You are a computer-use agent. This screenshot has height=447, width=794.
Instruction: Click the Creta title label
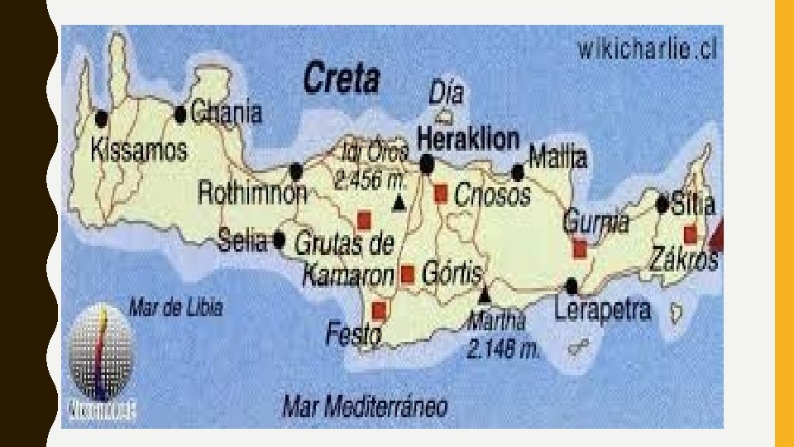pos(342,79)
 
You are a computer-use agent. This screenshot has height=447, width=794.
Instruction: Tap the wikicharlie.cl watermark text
pos(647,50)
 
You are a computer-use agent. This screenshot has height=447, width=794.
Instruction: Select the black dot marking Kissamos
pos(102,118)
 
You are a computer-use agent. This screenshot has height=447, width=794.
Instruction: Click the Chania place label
pos(226,113)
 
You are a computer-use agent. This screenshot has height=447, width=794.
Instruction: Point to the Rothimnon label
pos(251,194)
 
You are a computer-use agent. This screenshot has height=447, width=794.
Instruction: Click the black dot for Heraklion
pos(427,165)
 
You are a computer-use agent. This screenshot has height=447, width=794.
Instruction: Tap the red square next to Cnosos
pos(441,194)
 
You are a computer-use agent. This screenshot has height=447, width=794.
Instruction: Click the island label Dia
pos(446,94)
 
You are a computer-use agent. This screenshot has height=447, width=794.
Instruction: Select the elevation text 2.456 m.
pos(371,179)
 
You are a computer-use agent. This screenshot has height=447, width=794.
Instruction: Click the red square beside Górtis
pos(407,274)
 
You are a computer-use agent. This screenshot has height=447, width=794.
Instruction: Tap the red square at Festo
pos(379,310)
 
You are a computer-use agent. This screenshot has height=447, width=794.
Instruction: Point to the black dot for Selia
pos(280,240)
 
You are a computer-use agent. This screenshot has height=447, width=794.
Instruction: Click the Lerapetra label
pos(602,310)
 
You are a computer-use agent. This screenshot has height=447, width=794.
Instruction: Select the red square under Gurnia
pos(580,248)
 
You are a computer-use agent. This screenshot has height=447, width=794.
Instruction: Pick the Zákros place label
pos(683,259)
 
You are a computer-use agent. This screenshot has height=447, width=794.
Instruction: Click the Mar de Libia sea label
pos(176,308)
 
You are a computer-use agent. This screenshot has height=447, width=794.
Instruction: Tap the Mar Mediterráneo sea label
pos(365,406)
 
